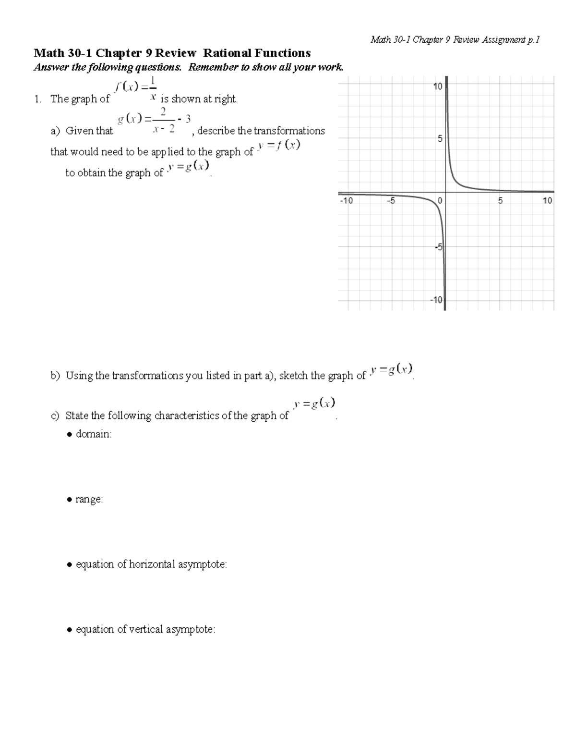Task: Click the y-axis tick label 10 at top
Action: pyautogui.click(x=437, y=87)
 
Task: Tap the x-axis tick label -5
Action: pyautogui.click(x=391, y=201)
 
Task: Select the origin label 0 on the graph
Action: pyautogui.click(x=440, y=201)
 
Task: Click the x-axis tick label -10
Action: pyautogui.click(x=346, y=201)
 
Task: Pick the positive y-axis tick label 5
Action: pyautogui.click(x=439, y=138)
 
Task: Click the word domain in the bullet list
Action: pyautogui.click(x=94, y=434)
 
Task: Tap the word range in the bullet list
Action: pyautogui.click(x=89, y=500)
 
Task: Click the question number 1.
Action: pyautogui.click(x=37, y=99)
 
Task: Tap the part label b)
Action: pyautogui.click(x=55, y=376)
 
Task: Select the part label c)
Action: pyautogui.click(x=55, y=416)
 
